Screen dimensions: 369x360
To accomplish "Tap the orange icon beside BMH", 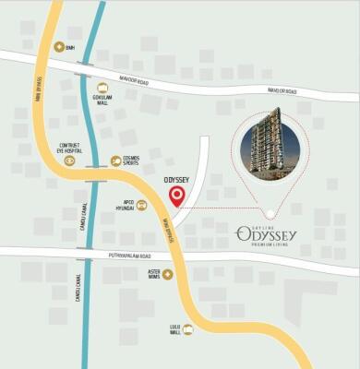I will point(59,46).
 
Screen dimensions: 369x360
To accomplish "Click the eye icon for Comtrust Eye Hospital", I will point(69,161).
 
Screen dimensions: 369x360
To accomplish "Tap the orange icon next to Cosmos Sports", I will point(115,161).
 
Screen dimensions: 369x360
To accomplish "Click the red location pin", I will point(176,195).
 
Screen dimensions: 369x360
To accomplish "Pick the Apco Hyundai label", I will point(124,206).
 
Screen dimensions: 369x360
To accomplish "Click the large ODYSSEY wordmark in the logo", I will point(269,234).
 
